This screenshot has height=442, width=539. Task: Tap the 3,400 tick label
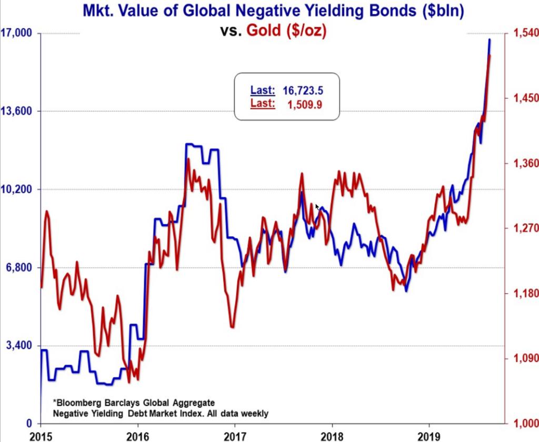(x=19, y=345)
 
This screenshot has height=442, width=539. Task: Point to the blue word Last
(x=262, y=90)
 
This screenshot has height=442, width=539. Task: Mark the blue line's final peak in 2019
(x=490, y=39)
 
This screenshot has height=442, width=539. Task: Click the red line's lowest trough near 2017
(x=232, y=327)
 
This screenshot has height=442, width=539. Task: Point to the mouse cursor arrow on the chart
(x=317, y=207)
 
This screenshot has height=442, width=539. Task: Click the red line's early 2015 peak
(x=47, y=212)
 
